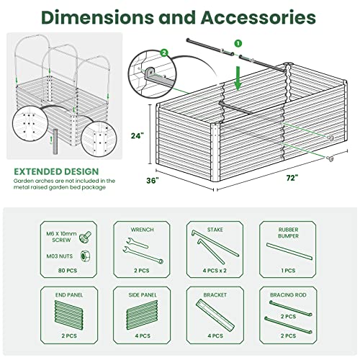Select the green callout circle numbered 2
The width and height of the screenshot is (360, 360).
pyautogui.click(x=165, y=53)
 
